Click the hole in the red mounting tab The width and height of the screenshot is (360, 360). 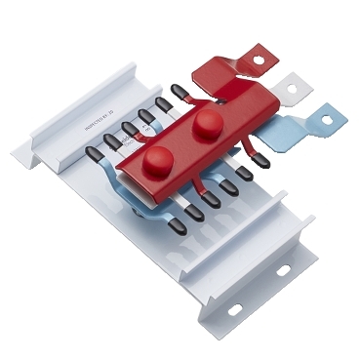point(260,60)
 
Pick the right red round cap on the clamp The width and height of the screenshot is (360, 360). point(206,124)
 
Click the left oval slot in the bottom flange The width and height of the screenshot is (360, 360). point(234,309)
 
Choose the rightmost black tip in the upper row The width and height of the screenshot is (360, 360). point(180,94)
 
